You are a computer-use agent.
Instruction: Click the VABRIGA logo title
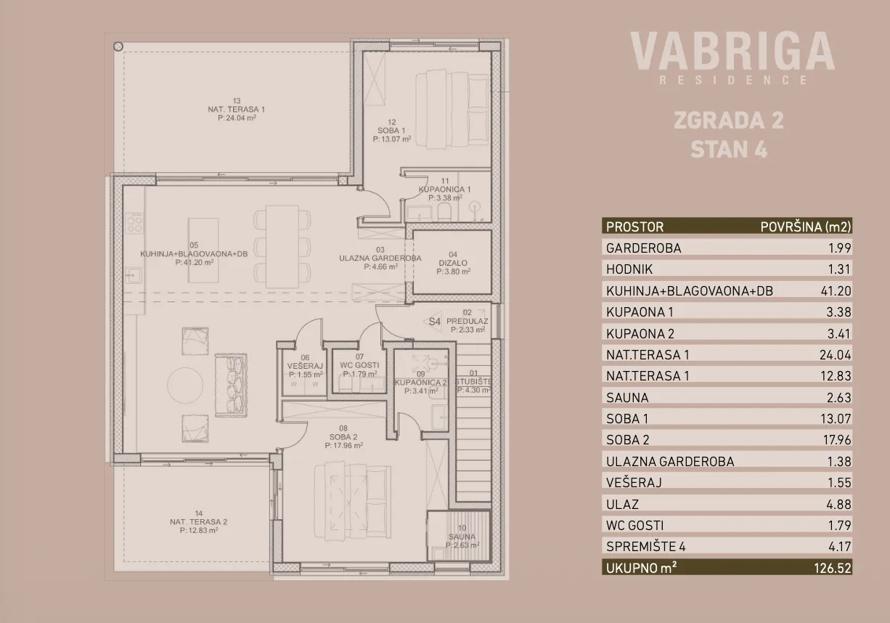pos(732,52)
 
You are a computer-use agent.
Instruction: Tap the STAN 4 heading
pos(729,150)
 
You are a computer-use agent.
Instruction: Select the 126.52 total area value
pos(833,568)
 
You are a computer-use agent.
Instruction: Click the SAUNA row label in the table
pos(627,397)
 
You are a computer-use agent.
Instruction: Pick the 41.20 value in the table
pos(836,291)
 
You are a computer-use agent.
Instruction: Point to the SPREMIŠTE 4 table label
pos(646,547)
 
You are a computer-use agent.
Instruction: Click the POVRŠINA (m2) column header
pos(806,227)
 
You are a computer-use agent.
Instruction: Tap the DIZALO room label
pos(453,263)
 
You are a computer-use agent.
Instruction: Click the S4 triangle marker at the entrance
pos(433,322)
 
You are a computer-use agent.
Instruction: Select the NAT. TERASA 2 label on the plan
pos(199,521)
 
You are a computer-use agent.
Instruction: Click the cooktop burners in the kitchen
pos(134,223)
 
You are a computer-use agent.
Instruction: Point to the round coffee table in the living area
pos(185,385)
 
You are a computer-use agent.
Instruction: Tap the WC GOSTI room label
pos(359,365)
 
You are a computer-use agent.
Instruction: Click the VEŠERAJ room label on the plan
pos(305,366)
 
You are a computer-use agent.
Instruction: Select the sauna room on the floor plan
pos(459,536)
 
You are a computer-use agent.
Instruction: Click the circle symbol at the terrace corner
pos(118,46)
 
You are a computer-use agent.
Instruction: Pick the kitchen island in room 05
pos(203,251)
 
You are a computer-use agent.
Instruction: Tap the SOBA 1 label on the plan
pos(391,131)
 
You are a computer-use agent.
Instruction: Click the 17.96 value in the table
pos(836,440)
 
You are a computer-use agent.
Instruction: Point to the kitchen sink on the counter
pos(133,275)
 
